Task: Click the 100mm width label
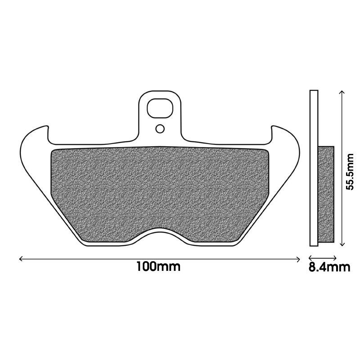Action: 158,267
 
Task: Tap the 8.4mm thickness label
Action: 329,267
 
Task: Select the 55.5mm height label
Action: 350,171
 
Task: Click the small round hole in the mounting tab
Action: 160,129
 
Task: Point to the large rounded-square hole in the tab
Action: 160,108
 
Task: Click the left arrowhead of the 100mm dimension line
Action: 21,259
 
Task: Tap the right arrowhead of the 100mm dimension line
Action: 298,259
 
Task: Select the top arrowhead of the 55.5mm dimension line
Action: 342,92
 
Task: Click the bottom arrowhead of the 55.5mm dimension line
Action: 342,244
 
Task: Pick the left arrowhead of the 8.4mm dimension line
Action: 310,257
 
